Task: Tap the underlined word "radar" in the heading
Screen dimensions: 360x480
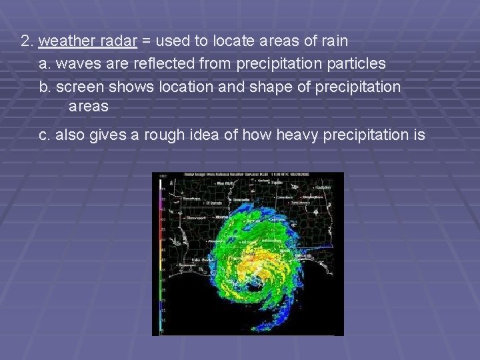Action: point(114,41)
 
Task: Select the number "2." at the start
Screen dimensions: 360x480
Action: point(27,41)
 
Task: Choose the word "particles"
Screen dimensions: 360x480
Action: point(355,63)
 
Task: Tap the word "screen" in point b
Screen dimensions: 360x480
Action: point(80,87)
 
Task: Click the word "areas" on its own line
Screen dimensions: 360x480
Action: point(89,106)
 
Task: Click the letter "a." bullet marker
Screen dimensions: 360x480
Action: point(45,63)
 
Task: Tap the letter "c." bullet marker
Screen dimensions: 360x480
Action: point(45,135)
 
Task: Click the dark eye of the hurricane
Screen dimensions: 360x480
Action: point(254,286)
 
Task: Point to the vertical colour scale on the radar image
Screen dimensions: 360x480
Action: point(163,253)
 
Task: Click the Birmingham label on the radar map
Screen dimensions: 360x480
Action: point(311,198)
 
